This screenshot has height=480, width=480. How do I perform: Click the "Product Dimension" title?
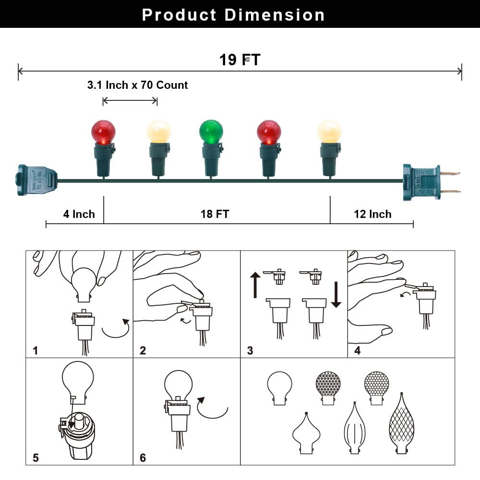click(233, 15)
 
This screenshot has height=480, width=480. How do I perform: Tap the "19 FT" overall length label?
click(240, 60)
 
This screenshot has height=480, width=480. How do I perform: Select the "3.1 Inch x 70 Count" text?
click(137, 85)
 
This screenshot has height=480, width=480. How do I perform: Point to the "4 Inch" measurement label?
click(79, 214)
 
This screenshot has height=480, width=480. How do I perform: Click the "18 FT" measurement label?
click(215, 214)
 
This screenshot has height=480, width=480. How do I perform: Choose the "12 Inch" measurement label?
click(372, 214)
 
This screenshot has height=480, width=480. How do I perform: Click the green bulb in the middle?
click(211, 132)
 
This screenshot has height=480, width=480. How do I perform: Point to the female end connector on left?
click(36, 181)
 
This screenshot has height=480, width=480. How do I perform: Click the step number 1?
click(36, 350)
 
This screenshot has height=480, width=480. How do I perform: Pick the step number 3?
click(250, 350)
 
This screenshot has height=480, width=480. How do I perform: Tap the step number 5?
click(36, 458)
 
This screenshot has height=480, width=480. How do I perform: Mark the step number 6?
click(143, 458)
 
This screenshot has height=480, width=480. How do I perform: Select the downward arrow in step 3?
click(336, 295)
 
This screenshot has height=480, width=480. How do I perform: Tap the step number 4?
click(357, 350)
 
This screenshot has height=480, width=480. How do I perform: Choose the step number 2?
click(143, 350)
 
